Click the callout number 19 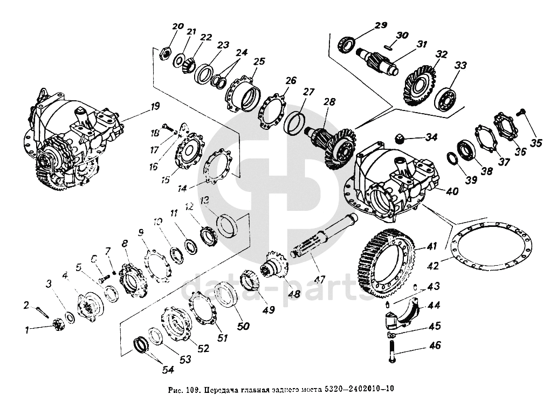[155, 107]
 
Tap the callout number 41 [431, 246]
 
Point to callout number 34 [431, 137]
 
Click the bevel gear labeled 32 [420, 81]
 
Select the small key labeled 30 [387, 47]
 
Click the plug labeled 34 [401, 137]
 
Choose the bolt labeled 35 [520, 112]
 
